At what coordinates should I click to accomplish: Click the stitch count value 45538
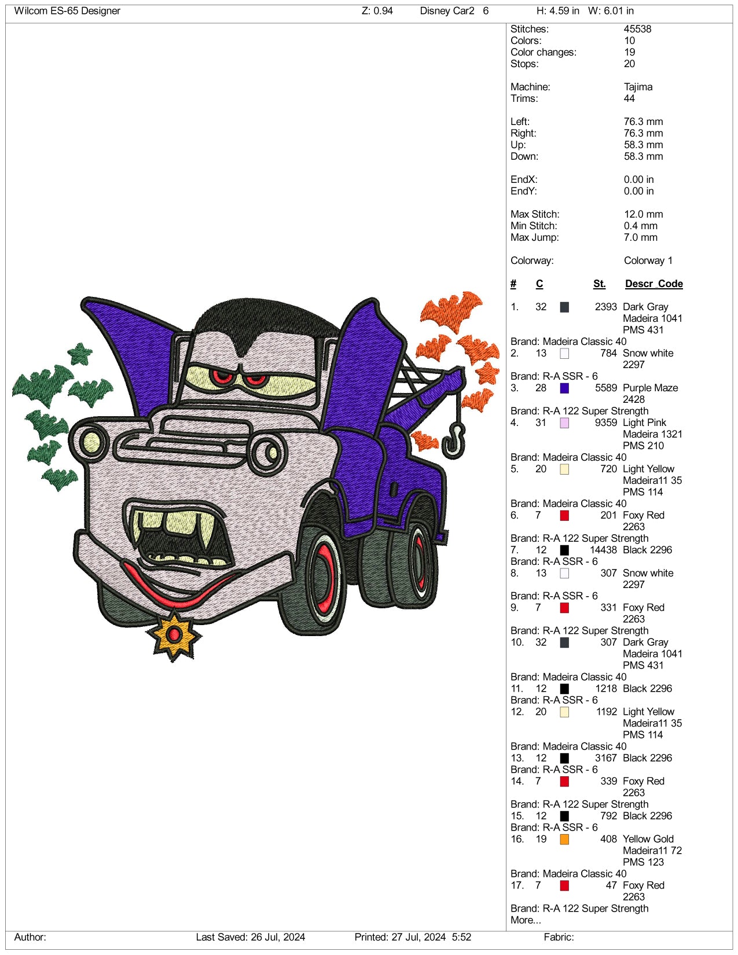click(637, 29)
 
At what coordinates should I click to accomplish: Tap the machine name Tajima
click(638, 87)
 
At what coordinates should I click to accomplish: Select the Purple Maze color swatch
click(564, 388)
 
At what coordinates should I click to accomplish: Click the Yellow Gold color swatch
click(564, 839)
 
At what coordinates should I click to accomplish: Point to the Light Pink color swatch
click(564, 423)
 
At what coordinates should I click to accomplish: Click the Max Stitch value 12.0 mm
click(643, 214)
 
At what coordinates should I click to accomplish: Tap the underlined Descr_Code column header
click(653, 284)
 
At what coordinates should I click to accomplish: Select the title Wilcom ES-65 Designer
click(67, 11)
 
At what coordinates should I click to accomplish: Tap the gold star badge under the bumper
click(174, 634)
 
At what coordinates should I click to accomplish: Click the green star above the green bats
click(80, 353)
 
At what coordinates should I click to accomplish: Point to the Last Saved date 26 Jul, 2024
click(277, 937)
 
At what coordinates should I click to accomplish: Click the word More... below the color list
click(526, 920)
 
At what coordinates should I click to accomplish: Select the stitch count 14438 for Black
click(603, 550)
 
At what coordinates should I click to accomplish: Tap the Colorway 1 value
click(648, 260)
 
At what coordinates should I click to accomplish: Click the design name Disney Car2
click(447, 11)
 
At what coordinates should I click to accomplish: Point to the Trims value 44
click(629, 98)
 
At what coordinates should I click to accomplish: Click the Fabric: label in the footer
click(559, 937)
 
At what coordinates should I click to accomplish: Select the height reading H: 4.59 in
click(558, 11)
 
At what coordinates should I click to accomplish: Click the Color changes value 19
click(629, 52)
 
